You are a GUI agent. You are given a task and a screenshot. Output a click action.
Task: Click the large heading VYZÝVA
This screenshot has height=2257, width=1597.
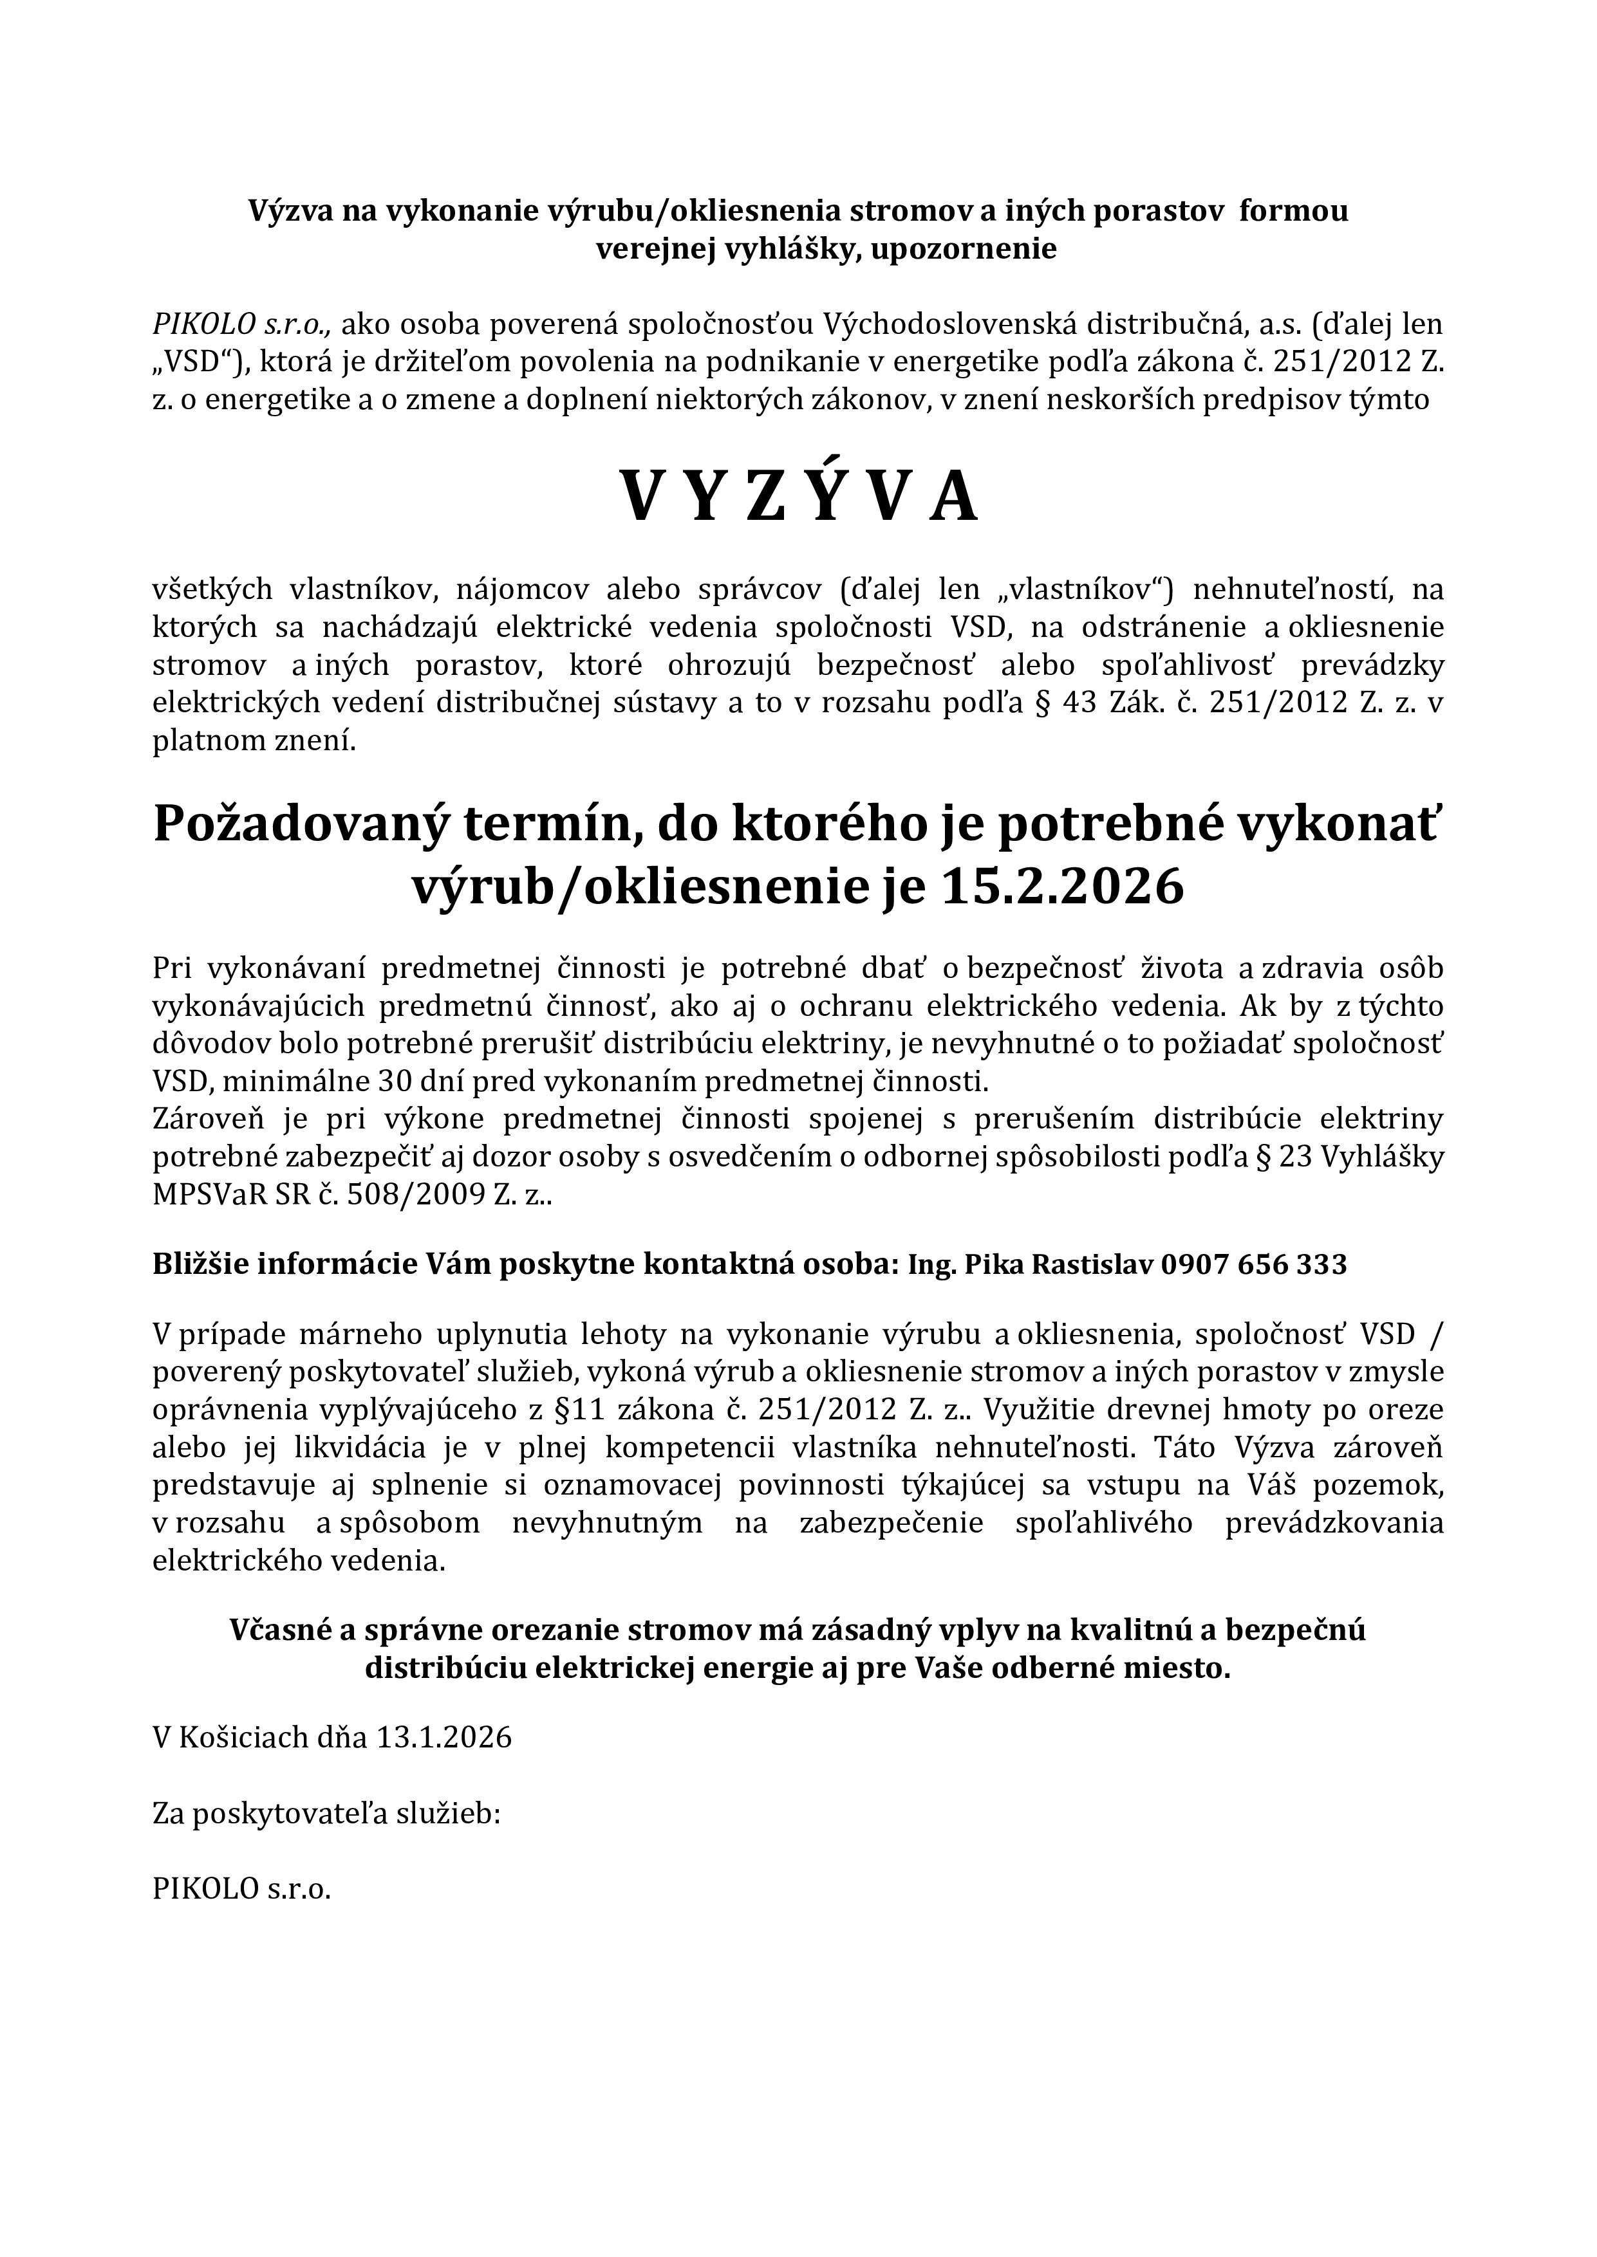798,497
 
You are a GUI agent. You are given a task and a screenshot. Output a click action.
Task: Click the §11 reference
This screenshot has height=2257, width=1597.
574,1410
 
